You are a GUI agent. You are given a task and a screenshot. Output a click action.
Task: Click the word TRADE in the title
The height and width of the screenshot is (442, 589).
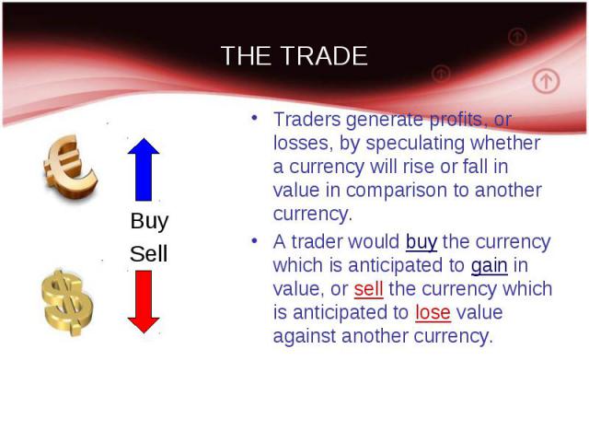click(324, 55)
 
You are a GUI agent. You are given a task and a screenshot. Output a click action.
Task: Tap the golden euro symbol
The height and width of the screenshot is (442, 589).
click(70, 167)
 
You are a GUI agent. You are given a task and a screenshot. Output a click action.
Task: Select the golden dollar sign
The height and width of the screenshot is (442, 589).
click(67, 303)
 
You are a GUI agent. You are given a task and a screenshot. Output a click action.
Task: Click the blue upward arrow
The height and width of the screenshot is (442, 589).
click(144, 169)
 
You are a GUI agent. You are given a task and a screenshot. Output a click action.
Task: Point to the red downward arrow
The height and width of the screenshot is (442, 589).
click(144, 302)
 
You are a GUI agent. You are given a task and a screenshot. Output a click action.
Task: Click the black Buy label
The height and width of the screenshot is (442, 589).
click(149, 221)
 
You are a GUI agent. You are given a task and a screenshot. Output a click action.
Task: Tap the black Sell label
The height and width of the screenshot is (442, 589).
click(148, 254)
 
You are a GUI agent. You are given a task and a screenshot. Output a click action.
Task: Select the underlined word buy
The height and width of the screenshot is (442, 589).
click(422, 242)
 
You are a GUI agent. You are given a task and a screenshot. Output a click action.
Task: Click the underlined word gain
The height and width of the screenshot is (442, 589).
click(489, 266)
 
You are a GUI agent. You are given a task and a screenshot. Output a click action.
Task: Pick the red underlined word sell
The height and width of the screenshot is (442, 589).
click(368, 289)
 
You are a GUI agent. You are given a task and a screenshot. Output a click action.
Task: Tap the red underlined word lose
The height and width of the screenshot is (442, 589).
click(433, 313)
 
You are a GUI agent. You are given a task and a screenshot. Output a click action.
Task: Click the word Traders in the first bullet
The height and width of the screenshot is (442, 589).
click(306, 120)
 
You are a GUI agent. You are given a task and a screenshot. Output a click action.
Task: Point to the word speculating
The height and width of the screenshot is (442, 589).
click(415, 144)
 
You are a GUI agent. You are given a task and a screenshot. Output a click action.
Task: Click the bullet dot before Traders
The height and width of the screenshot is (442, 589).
click(254, 118)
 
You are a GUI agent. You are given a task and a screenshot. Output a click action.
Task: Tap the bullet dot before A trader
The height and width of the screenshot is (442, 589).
click(254, 240)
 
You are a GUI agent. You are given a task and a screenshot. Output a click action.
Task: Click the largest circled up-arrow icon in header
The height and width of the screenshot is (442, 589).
click(546, 81)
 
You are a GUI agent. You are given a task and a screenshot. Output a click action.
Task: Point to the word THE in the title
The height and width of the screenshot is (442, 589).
click(246, 55)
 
